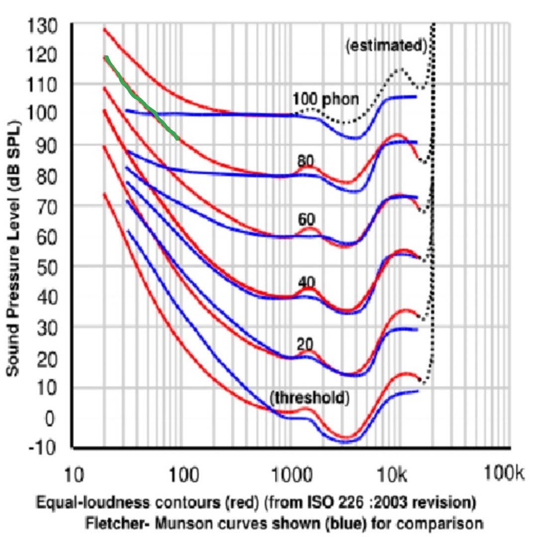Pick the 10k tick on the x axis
(395, 475)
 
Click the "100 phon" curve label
(325, 99)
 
